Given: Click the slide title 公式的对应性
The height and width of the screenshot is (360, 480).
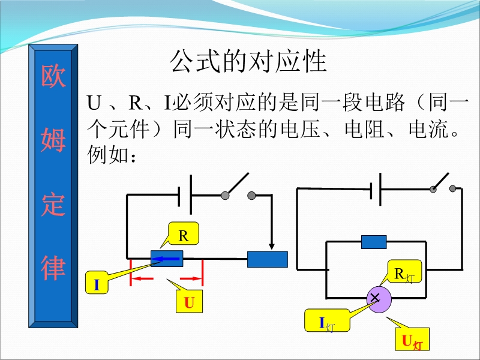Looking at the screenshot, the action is coord(248,61).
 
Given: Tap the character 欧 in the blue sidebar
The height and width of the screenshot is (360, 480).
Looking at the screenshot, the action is coord(53,76).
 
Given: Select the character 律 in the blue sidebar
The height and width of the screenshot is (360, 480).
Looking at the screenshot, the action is coord(53,268).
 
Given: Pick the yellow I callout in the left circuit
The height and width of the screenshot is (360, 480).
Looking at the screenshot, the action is coord(97,283).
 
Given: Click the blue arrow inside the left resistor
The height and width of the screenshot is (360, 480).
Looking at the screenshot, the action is coord(166,259).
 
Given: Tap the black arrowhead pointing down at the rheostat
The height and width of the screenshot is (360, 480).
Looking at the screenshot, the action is coord(272,247).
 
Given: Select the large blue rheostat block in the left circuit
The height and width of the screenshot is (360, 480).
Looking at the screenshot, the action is coord(268,259).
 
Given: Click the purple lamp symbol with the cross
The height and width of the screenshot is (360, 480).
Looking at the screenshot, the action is coord(379,299).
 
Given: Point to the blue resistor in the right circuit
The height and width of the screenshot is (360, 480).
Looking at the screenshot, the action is coord(374,242).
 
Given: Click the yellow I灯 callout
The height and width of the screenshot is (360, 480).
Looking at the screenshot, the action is coord(327,320).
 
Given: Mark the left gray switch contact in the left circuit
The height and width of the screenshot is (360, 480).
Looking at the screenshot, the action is coord(225,196).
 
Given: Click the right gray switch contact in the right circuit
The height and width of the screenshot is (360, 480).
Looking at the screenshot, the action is coord(453,189).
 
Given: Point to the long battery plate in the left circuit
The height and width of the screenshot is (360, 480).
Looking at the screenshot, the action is coord(191,194).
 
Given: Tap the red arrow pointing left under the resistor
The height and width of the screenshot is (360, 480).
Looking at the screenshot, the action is coord(143,278).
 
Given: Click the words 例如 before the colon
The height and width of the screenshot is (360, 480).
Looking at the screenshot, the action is coord(107,155).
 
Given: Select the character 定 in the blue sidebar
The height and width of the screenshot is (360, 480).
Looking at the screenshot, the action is coord(53,204).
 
